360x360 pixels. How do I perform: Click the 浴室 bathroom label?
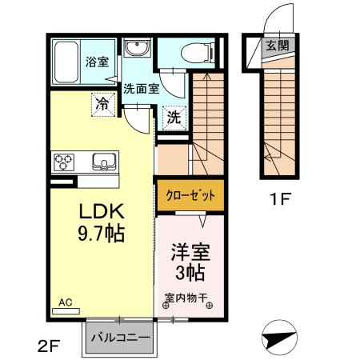coord(97,62)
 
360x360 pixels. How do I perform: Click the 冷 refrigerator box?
coord(102,102)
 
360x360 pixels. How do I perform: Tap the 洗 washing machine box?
coord(174,116)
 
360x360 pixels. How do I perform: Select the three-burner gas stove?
coord(64,163)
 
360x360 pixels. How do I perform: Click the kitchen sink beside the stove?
coord(105,162)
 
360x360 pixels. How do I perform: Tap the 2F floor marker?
coord(49,346)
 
